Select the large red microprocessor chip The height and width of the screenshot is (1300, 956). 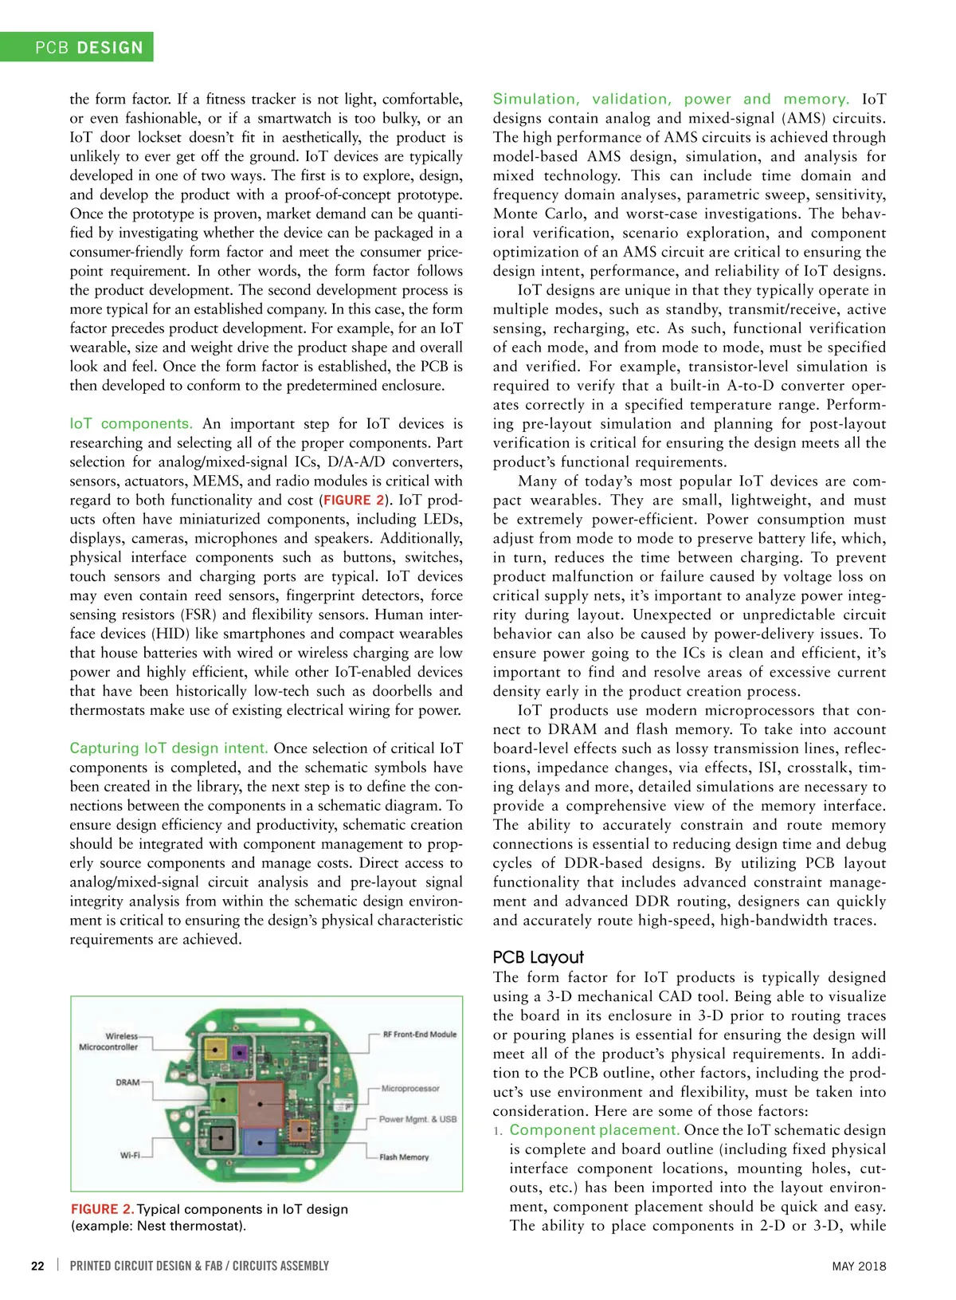[261, 1104]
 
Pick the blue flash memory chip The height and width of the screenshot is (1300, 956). [259, 1144]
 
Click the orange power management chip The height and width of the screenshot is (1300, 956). [300, 1129]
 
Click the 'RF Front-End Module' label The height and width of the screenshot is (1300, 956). [420, 1035]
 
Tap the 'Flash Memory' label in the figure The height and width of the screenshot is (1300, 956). [404, 1157]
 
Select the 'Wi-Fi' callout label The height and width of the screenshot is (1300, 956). [130, 1155]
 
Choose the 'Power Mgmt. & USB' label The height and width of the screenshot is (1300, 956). [417, 1119]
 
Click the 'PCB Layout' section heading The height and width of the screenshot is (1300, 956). [538, 957]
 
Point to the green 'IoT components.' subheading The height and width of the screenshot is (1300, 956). [131, 423]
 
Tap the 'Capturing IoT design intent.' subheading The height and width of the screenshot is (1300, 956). [168, 748]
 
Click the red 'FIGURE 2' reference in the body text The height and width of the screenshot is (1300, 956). [354, 501]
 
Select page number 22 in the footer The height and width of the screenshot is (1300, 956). [37, 1266]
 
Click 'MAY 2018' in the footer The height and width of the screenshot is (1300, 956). [859, 1266]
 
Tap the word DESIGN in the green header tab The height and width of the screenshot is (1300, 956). [111, 48]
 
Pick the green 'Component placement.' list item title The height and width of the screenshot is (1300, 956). [594, 1129]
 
